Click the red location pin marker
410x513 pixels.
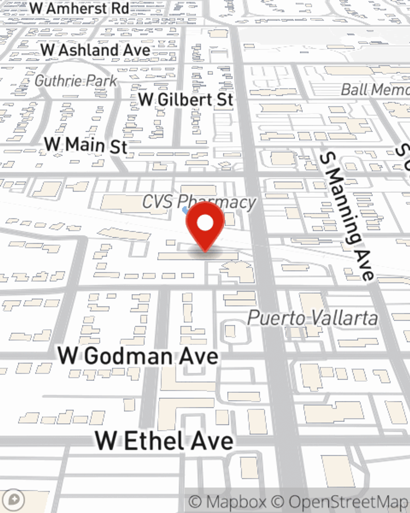click(205, 226)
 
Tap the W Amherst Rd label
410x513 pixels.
click(80, 8)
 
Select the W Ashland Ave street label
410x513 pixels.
click(96, 50)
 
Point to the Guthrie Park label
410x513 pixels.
click(76, 81)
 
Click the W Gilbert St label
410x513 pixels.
click(186, 100)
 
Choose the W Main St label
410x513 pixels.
click(86, 145)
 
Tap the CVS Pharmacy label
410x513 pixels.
click(199, 202)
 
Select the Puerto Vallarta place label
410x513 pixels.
click(312, 318)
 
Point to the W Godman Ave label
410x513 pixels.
click(138, 356)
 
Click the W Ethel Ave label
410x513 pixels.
click(164, 441)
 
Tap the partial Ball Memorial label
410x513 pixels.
click(375, 89)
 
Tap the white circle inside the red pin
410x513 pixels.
click(205, 223)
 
